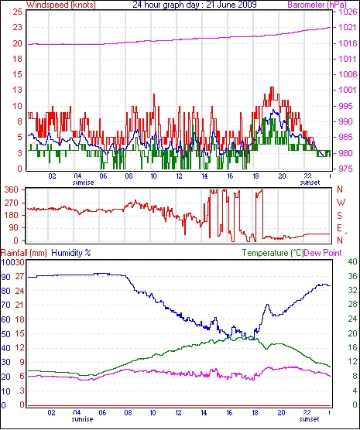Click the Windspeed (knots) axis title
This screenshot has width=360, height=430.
tap(61, 5)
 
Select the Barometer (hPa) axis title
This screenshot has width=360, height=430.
tap(317, 5)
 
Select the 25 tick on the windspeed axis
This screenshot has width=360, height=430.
tap(18, 12)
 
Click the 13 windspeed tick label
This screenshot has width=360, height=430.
tap(18, 90)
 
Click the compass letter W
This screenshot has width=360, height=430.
tap(341, 203)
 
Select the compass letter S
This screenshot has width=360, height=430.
tap(340, 216)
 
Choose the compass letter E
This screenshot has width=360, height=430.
tap(340, 228)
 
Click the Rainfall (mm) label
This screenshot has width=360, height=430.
tap(24, 253)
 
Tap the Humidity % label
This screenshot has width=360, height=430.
tap(71, 253)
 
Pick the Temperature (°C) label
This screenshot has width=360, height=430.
tap(273, 253)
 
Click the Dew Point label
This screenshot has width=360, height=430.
tap(323, 253)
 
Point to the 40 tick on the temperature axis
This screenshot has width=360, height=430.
tap(352, 261)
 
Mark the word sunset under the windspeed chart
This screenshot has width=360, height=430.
tap(310, 183)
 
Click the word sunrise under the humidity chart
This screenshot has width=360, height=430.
tap(82, 419)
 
